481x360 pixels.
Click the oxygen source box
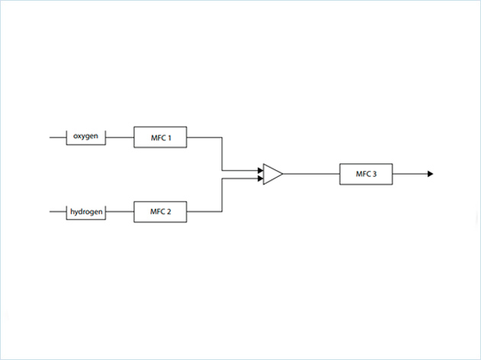(86, 137)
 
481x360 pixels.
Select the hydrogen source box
(86, 211)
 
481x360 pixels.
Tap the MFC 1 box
(160, 137)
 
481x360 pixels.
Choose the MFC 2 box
(160, 211)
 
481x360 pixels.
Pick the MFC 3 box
(366, 174)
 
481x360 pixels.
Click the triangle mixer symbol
(272, 174)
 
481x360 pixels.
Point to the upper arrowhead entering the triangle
(260, 170)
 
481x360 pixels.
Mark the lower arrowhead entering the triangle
(260, 178)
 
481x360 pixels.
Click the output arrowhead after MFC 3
(431, 174)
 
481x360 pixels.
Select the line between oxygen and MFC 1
(120, 137)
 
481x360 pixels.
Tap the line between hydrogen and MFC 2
(120, 211)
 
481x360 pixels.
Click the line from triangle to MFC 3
(312, 174)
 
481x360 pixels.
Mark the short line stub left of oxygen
(58, 137)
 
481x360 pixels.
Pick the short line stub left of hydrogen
(58, 211)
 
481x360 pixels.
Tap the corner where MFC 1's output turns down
(222, 137)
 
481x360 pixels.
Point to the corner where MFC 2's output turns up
(222, 211)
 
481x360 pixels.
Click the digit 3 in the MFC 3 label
(375, 174)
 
